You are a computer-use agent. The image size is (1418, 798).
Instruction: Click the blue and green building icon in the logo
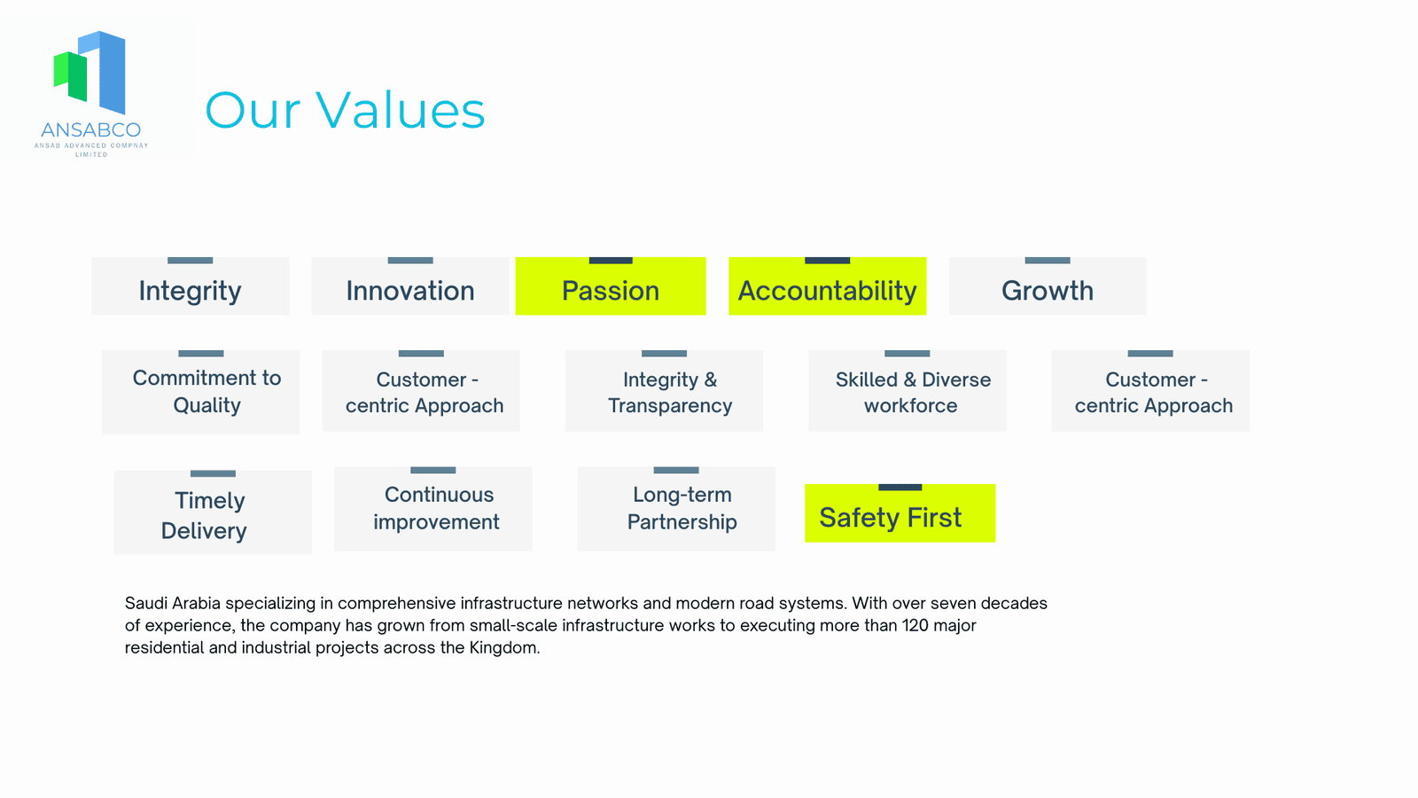[x=90, y=72]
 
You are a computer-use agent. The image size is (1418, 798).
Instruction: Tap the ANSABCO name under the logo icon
[x=90, y=129]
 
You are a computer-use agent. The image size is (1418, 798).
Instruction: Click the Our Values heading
[x=345, y=110]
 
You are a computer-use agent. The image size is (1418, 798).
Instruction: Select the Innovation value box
[x=410, y=286]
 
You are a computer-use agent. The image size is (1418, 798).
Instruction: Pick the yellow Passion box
[x=611, y=286]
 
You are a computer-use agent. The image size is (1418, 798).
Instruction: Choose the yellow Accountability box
[x=828, y=286]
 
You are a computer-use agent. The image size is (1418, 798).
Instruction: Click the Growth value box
[x=1047, y=286]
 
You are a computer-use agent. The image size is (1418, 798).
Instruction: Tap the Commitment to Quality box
[x=200, y=392]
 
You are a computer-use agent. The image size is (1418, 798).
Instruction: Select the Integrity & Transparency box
[x=664, y=391]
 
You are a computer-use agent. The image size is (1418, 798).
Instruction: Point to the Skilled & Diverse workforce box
[x=908, y=391]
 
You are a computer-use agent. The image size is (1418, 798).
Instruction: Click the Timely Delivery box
[x=213, y=512]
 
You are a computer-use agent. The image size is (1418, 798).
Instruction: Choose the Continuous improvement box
[x=433, y=509]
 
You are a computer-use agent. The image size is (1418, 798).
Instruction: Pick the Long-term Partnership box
[x=676, y=509]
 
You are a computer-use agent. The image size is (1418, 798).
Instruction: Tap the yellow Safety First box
[x=900, y=513]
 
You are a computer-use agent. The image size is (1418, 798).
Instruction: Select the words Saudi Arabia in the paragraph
[x=172, y=603]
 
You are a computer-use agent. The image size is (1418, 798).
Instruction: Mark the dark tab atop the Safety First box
[x=900, y=487]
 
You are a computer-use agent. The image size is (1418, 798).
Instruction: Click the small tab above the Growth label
[x=1047, y=261]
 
